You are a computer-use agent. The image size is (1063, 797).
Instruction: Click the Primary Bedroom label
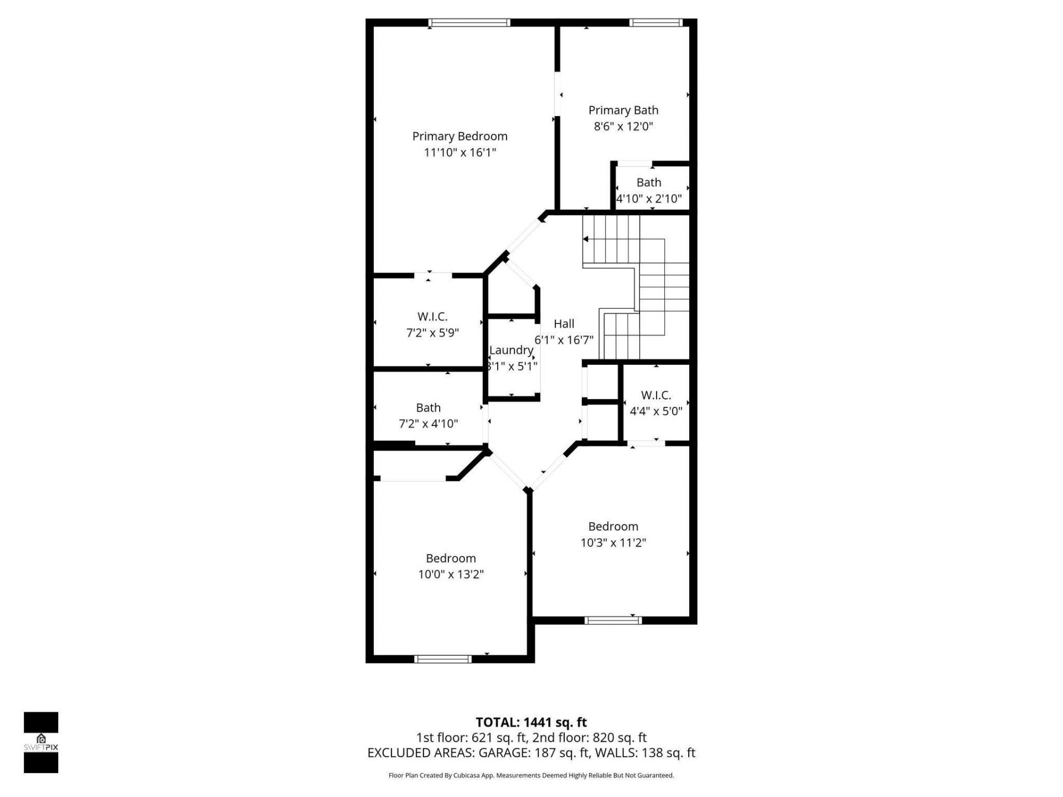click(x=460, y=136)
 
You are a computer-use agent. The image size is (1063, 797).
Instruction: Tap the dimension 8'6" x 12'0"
click(x=623, y=126)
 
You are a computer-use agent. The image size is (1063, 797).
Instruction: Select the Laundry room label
click(x=511, y=350)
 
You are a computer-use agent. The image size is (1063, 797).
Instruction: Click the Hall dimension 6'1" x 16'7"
click(x=564, y=340)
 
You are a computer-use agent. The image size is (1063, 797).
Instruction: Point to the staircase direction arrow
click(x=586, y=239)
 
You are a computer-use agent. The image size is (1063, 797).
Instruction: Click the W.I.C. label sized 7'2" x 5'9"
click(x=432, y=317)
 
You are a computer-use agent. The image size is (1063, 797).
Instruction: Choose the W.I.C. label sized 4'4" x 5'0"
click(x=656, y=395)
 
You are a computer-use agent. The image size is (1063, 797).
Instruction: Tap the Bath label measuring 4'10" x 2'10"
click(x=648, y=183)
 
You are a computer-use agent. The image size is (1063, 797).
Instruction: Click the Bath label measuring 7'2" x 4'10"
click(x=429, y=408)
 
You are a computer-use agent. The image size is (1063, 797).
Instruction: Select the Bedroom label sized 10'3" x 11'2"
click(x=613, y=526)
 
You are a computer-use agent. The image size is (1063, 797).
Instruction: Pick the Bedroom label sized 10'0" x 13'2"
click(x=451, y=558)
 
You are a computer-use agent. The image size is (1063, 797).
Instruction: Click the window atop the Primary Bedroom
click(x=469, y=23)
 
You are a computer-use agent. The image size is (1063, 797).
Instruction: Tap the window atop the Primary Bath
click(x=656, y=23)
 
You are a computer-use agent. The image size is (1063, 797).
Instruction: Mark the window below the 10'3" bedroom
click(x=613, y=620)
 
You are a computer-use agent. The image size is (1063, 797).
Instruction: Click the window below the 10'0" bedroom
click(x=443, y=659)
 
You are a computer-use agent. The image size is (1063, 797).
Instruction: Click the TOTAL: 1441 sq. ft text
click(x=531, y=722)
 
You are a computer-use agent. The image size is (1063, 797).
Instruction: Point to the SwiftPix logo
click(x=41, y=742)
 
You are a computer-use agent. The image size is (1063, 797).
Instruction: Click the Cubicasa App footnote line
click(x=531, y=775)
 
